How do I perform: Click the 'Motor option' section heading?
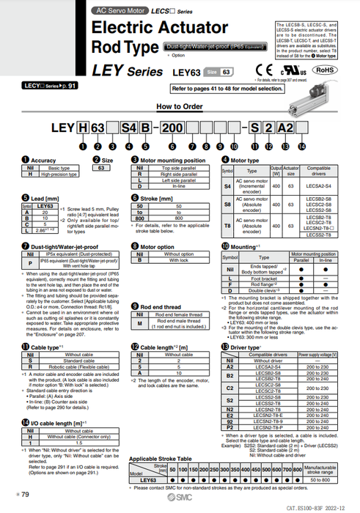tap(157, 247)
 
